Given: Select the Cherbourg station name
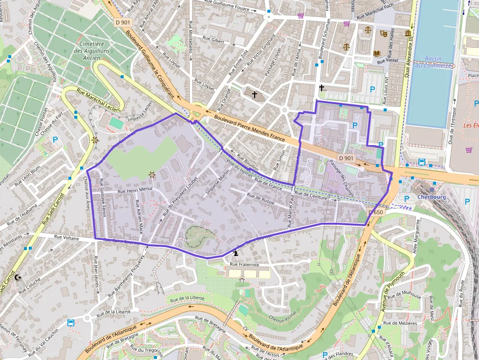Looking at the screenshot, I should (x=432, y=197).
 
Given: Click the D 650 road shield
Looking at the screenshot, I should (x=375, y=212).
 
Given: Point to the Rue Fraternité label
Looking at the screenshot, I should (x=244, y=264).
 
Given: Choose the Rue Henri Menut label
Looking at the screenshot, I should (x=135, y=190).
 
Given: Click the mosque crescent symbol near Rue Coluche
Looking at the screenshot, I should (x=19, y=277).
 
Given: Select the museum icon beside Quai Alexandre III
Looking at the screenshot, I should (x=408, y=33).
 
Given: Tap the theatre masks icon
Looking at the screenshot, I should (x=384, y=34).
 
